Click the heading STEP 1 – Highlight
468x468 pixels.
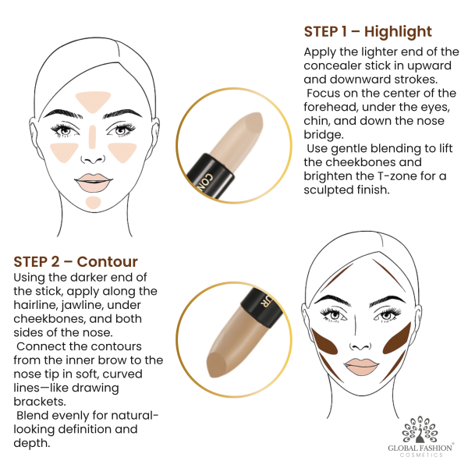pos(367,32)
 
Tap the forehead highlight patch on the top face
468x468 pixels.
pos(94,101)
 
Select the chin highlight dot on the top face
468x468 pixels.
pos(94,203)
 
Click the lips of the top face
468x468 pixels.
pos(94,183)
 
